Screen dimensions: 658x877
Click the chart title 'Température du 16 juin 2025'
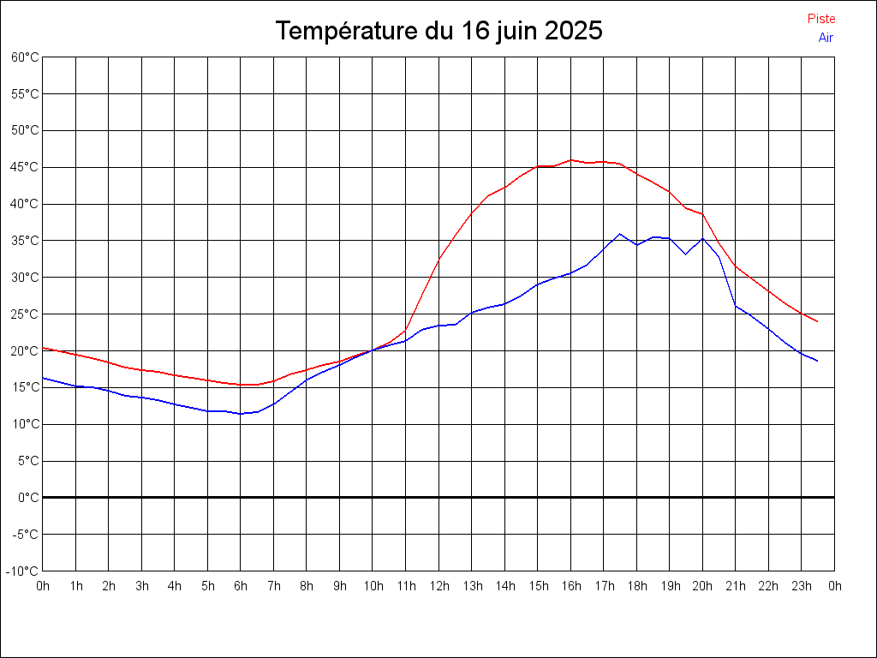coord(438,31)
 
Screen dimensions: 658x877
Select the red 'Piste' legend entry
coord(821,19)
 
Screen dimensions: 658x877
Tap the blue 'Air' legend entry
coord(826,37)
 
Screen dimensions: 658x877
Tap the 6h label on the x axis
coord(241,586)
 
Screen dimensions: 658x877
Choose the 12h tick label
coord(438,586)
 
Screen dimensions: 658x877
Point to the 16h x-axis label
coord(570,586)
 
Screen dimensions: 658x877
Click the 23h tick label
coord(802,586)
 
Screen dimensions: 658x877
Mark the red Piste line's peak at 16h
coord(571,159)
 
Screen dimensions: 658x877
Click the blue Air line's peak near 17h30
coord(620,234)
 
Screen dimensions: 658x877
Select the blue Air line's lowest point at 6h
coord(241,414)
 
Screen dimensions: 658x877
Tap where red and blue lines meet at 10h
coord(373,350)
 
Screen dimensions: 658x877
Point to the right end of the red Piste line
coord(818,321)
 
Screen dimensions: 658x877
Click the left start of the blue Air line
coord(43,378)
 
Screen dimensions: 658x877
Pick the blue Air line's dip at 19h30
coord(686,254)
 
